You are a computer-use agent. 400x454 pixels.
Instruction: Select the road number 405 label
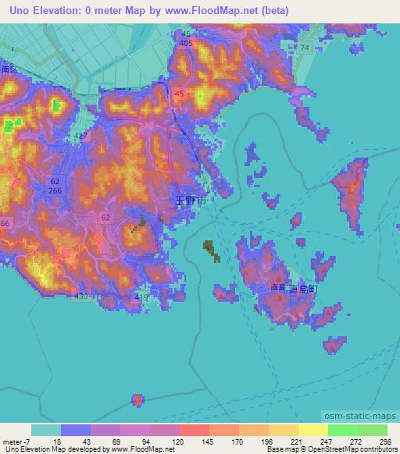click(x=185, y=44)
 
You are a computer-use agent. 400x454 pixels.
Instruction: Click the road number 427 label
click(x=80, y=137)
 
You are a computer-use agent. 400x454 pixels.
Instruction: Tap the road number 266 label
click(x=55, y=191)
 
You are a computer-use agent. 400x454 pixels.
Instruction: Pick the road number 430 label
click(x=80, y=297)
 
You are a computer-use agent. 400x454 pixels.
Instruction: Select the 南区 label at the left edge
click(x=9, y=69)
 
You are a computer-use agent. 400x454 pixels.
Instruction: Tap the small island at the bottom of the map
click(x=137, y=400)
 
